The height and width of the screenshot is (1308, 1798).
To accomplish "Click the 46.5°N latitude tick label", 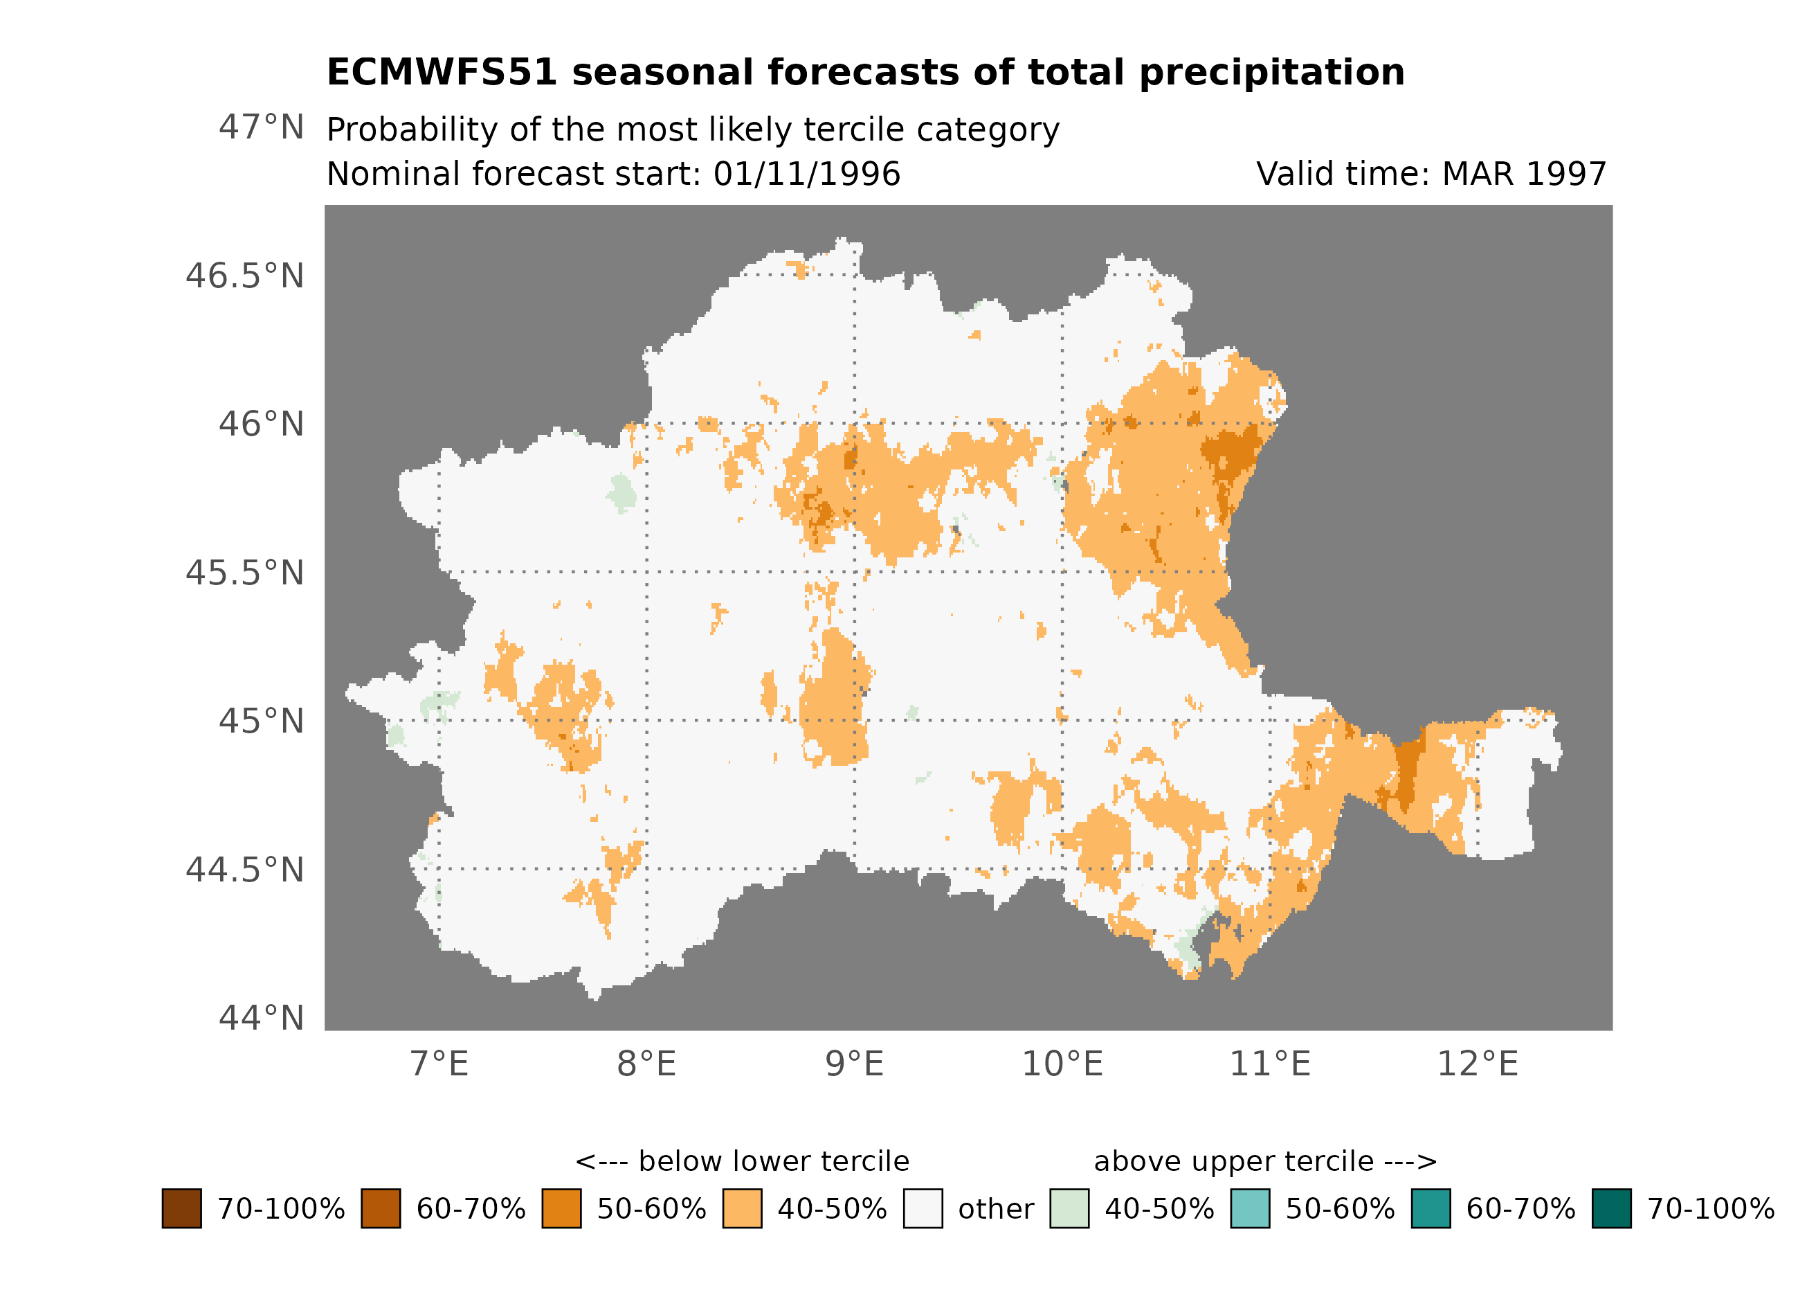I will (244, 276).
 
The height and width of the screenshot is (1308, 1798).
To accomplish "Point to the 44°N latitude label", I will (261, 1018).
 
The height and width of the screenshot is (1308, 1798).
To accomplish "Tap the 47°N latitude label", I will (261, 127).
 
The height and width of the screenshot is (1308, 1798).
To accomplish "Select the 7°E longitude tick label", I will (439, 1064).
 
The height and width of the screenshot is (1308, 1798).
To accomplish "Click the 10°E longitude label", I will (1062, 1064).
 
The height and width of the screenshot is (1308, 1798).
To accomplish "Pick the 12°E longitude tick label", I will (1478, 1064).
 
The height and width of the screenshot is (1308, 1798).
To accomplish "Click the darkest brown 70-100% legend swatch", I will (181, 1208).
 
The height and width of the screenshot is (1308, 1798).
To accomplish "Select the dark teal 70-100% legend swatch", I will (1612, 1208).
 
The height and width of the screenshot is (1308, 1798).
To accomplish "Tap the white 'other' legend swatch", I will (923, 1208).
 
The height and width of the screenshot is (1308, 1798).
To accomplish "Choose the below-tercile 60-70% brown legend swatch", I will (381, 1208).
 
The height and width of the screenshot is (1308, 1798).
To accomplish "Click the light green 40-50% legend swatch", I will (1069, 1208).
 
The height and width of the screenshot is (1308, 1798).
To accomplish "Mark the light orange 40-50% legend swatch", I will (742, 1208).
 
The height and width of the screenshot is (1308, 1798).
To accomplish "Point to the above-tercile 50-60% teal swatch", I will (1250, 1208).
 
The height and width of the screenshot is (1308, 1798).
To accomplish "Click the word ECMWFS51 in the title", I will (442, 72).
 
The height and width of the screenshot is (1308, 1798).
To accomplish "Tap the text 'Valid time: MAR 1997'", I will (1431, 174).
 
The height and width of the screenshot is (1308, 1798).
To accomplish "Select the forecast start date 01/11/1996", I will (806, 174).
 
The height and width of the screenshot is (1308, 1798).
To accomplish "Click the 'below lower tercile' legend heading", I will (742, 1161).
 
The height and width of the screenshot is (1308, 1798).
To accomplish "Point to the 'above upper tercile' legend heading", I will (1265, 1161).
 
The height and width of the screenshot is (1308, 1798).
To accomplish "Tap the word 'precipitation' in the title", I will (1271, 72).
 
